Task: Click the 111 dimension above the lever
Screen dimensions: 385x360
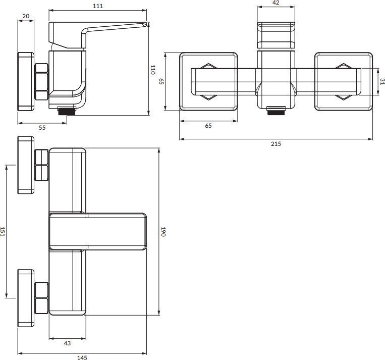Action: (x=98, y=6)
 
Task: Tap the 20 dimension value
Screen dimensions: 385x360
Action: (x=26, y=16)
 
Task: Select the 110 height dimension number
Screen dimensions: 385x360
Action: (x=152, y=70)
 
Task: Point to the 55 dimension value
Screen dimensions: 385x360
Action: (x=42, y=128)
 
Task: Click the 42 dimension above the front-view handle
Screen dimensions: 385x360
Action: (x=276, y=3)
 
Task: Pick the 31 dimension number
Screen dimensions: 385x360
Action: (x=382, y=81)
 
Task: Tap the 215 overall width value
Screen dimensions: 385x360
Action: (x=276, y=144)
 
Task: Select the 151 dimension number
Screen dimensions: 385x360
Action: (x=3, y=232)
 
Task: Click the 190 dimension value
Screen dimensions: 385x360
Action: (x=163, y=232)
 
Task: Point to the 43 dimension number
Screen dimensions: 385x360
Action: (x=67, y=343)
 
